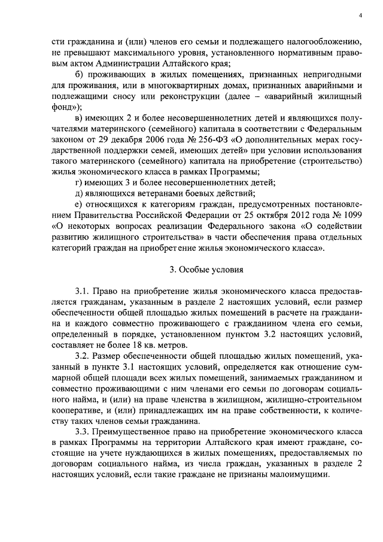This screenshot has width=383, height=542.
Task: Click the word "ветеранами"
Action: (161, 192)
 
